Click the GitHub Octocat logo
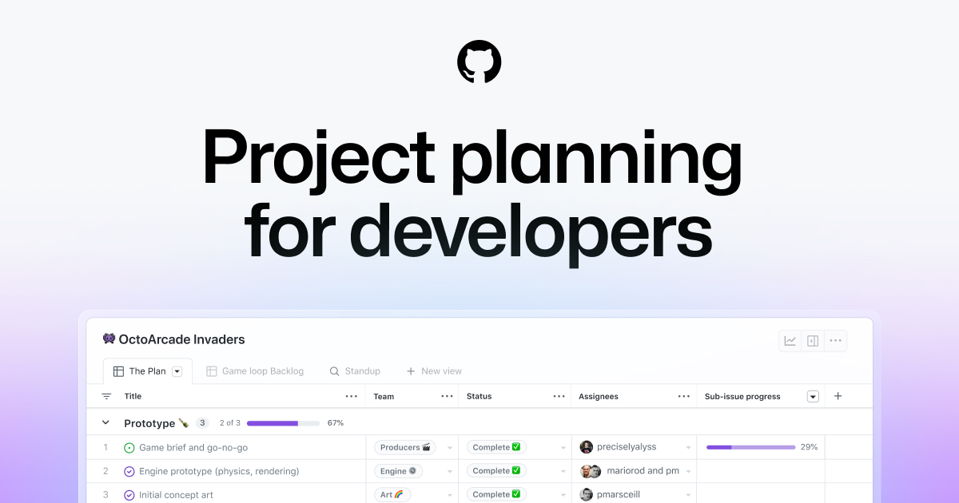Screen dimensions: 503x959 click(x=479, y=62)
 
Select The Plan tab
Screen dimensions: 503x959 click(x=147, y=371)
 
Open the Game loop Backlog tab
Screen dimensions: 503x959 click(x=262, y=371)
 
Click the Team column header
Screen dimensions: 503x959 click(x=384, y=396)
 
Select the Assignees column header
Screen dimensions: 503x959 click(x=599, y=396)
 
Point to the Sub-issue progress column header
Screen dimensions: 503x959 click(x=742, y=396)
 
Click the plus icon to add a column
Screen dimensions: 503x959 click(x=838, y=396)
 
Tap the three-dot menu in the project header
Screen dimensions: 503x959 click(x=835, y=341)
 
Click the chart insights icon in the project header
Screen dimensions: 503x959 click(x=790, y=341)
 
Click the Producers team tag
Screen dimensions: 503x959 click(x=405, y=447)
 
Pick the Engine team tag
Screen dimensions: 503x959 click(x=398, y=471)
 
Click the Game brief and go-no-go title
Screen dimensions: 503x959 click(x=193, y=448)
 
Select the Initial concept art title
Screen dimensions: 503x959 click(x=176, y=495)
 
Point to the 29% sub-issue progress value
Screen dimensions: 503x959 click(x=809, y=447)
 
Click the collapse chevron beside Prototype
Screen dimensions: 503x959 click(x=105, y=423)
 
